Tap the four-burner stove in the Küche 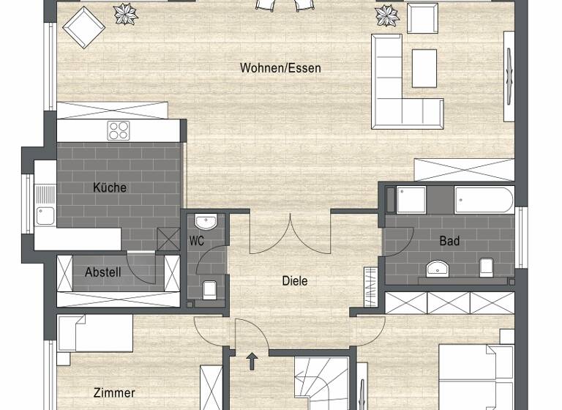point(119,130)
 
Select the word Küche point(110,187)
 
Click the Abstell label point(102,272)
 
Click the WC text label point(196,240)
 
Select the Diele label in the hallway point(295,280)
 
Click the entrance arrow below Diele point(252,360)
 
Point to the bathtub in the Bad point(484,199)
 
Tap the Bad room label point(449,240)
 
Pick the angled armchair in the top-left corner point(84,27)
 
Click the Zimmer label point(114,393)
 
